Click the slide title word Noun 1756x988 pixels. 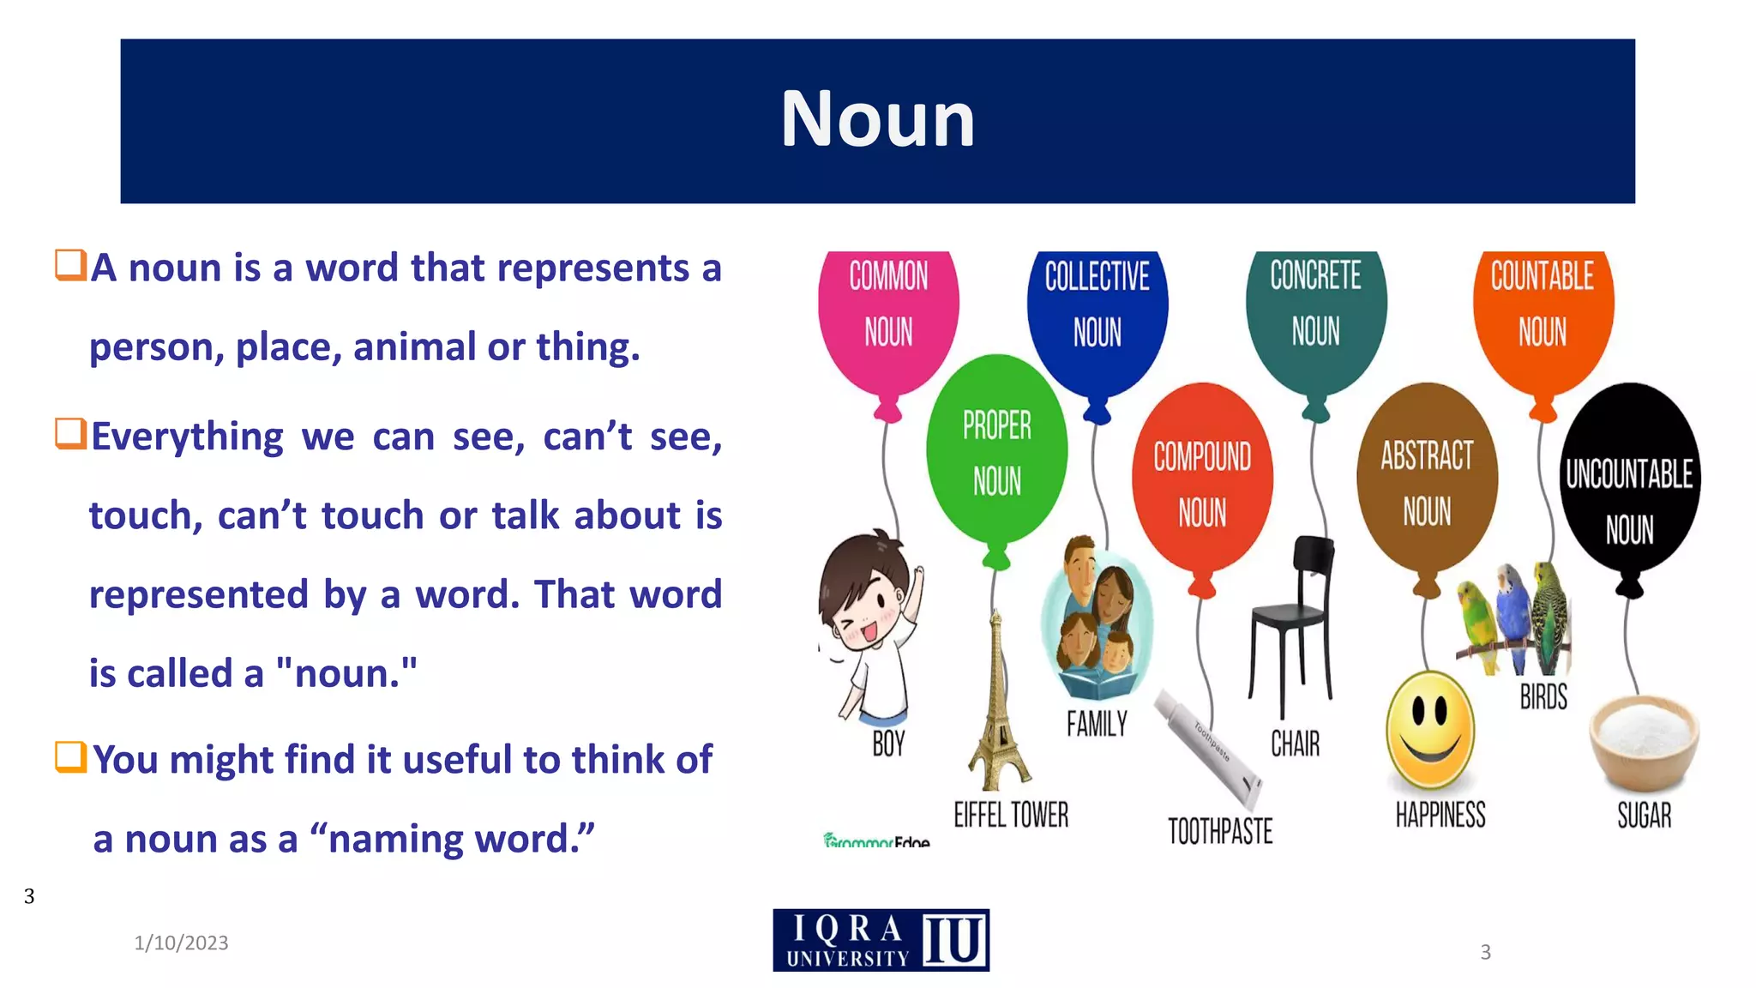[877, 119]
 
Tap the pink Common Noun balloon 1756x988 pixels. [888, 309]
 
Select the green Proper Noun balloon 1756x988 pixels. [996, 450]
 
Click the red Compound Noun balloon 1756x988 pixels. [1202, 480]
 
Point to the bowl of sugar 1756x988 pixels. [1644, 742]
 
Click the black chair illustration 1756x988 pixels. [1291, 626]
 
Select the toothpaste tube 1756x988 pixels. [1209, 746]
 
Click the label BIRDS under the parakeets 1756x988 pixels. [1543, 697]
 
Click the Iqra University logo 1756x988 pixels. [881, 941]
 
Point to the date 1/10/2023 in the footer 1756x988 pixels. [181, 943]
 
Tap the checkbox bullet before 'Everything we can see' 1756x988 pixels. [70, 434]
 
